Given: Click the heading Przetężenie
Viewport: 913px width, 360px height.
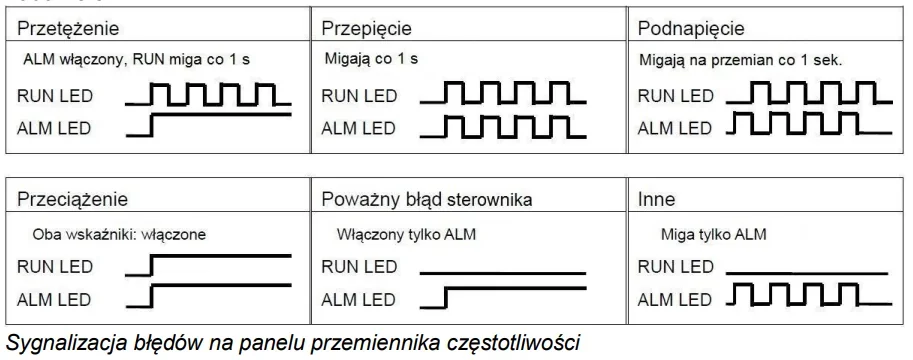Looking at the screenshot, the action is pyautogui.click(x=68, y=28).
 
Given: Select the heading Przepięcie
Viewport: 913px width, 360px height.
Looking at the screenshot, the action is pyautogui.click(x=366, y=28).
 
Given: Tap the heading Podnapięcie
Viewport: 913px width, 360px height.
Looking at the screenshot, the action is pyautogui.click(x=691, y=29).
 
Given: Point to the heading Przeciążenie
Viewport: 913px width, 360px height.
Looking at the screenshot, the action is pyautogui.click(x=72, y=199).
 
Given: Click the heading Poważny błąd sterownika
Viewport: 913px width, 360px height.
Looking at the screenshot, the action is pyautogui.click(x=427, y=199).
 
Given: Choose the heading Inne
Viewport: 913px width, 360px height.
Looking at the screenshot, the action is pyautogui.click(x=656, y=199).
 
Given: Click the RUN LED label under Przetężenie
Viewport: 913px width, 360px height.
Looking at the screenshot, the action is pyautogui.click(x=55, y=96).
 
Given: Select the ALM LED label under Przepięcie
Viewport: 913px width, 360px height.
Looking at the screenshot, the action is pyautogui.click(x=359, y=128).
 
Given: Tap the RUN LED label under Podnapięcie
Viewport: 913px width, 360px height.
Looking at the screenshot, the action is pyautogui.click(x=675, y=96).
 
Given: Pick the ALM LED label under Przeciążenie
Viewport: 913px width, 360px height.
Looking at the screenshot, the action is pyautogui.click(x=54, y=300).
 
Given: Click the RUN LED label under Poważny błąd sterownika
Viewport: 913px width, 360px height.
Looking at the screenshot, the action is pyautogui.click(x=359, y=267).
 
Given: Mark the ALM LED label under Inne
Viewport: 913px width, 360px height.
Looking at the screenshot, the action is pyautogui.click(x=675, y=300).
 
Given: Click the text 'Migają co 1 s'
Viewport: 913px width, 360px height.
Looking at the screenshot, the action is pyautogui.click(x=371, y=59).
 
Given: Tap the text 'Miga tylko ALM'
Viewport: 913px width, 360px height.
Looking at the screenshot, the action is pyautogui.click(x=713, y=234).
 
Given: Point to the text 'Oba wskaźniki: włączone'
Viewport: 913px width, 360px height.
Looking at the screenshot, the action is pyautogui.click(x=119, y=234).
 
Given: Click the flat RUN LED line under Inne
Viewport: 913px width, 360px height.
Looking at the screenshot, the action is pyautogui.click(x=807, y=273).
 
